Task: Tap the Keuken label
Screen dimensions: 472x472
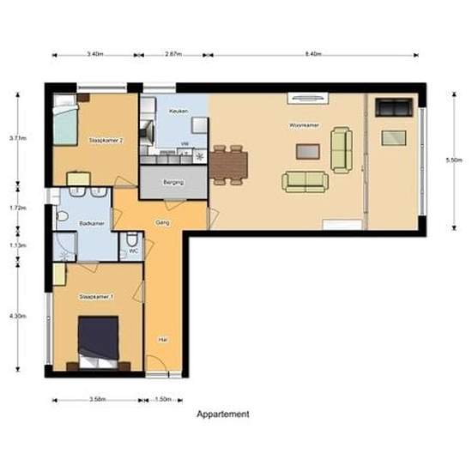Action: pyautogui.click(x=178, y=111)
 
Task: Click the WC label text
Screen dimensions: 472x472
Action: pyautogui.click(x=133, y=251)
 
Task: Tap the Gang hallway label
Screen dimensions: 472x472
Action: pyautogui.click(x=161, y=221)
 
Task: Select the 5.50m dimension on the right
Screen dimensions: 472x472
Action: pyautogui.click(x=454, y=160)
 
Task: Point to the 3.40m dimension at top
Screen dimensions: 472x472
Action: pyautogui.click(x=95, y=54)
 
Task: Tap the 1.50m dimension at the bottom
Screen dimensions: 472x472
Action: pyautogui.click(x=165, y=400)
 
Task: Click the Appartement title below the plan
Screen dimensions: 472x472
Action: pyautogui.click(x=223, y=415)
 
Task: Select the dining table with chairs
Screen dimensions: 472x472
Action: pyautogui.click(x=228, y=164)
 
